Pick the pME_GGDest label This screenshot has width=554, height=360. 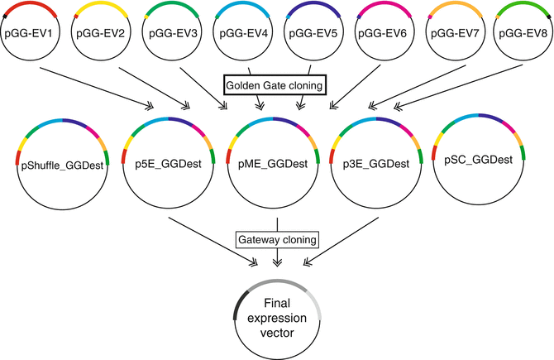tap(276, 164)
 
